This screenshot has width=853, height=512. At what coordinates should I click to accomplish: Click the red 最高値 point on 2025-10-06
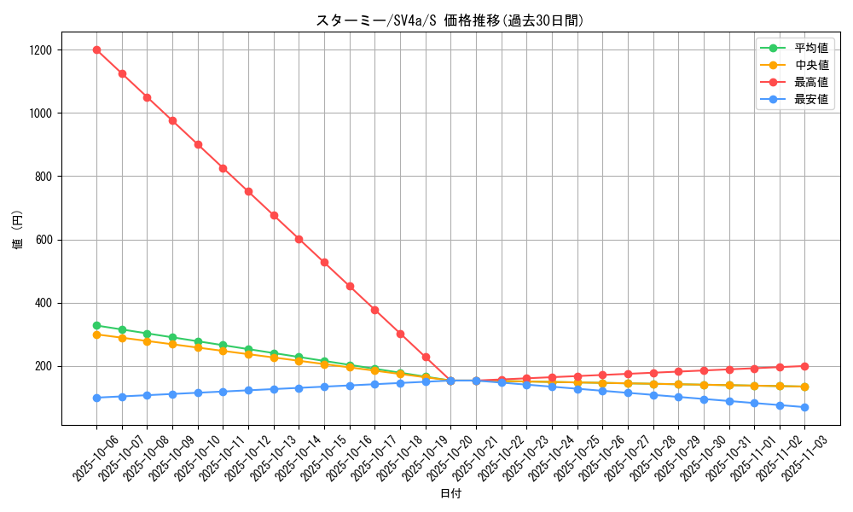pyautogui.click(x=96, y=49)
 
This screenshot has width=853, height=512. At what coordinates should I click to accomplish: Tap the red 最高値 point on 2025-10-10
pyautogui.click(x=198, y=144)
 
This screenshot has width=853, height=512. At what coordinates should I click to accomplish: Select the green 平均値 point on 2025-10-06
pyautogui.click(x=96, y=325)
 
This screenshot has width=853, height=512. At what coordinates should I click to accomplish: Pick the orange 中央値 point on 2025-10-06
pyautogui.click(x=96, y=335)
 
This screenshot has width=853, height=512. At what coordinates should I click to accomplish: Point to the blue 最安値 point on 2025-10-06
pyautogui.click(x=96, y=398)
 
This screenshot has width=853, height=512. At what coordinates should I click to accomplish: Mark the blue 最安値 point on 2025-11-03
pyautogui.click(x=804, y=407)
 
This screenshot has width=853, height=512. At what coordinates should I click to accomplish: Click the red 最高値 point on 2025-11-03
pyautogui.click(x=804, y=366)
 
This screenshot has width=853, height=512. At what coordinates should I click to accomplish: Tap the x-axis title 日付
pyautogui.click(x=450, y=494)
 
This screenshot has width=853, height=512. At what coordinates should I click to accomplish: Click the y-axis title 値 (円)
pyautogui.click(x=18, y=230)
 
